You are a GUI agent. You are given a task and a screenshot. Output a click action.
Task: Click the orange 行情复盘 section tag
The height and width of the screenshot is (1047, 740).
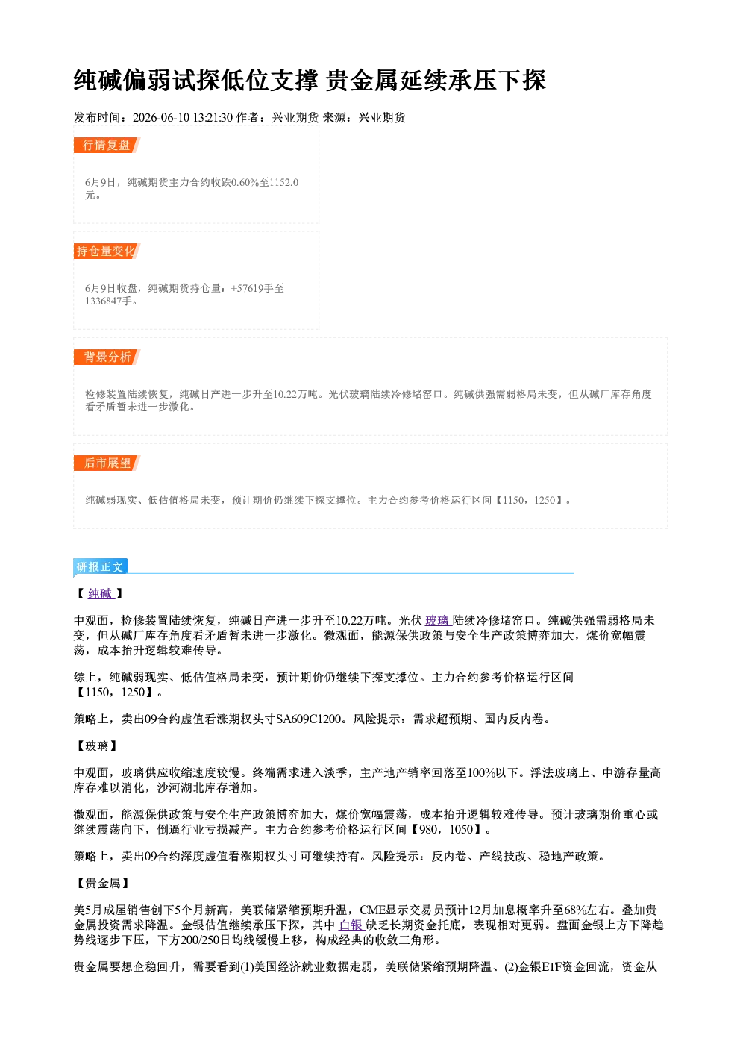(107, 145)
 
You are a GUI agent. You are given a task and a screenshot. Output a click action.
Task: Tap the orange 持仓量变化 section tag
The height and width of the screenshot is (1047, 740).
(107, 251)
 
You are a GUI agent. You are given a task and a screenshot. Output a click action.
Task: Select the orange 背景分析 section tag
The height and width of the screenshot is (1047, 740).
(107, 357)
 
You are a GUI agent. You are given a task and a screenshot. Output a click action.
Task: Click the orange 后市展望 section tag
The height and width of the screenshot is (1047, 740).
(107, 463)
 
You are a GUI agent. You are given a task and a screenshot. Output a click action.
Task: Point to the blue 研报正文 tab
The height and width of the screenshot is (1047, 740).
(100, 567)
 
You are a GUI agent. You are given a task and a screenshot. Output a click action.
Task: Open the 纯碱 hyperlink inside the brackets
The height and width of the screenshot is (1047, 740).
(101, 593)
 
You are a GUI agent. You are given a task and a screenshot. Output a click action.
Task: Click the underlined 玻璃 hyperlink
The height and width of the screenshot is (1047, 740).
(437, 620)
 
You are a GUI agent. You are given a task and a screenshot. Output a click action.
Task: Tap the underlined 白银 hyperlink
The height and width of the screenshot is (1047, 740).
(351, 925)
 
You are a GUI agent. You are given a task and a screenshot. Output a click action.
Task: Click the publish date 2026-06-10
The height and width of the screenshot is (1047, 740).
(161, 117)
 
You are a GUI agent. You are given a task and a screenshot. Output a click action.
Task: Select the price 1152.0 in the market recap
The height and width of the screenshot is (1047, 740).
(284, 182)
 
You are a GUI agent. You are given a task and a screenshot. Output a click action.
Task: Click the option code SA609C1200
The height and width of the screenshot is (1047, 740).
(308, 719)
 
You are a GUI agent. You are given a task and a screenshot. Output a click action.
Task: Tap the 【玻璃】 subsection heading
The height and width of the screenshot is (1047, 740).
(97, 746)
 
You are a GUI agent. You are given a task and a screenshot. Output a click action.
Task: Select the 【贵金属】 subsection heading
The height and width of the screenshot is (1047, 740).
(103, 884)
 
